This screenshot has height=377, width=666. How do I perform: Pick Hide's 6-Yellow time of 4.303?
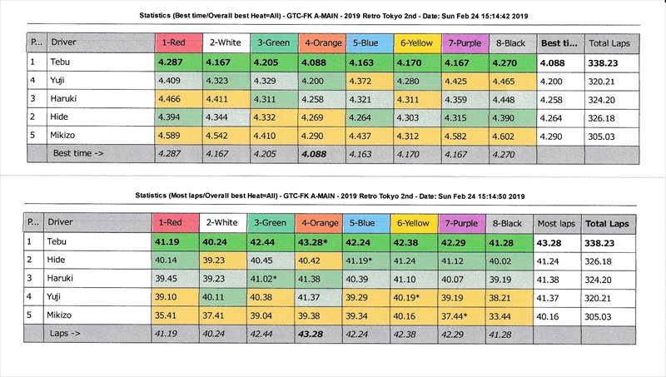point(415,117)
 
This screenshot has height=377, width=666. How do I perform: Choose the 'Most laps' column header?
point(556,223)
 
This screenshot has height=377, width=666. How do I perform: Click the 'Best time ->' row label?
point(80,154)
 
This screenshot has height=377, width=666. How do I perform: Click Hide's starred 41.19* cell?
point(367,260)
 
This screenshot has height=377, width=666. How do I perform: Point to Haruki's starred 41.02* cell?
point(272,279)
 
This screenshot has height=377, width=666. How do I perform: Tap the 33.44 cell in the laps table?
point(509,316)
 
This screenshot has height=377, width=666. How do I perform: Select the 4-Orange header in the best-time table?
point(320,42)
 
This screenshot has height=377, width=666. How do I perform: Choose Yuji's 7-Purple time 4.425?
point(463,80)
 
